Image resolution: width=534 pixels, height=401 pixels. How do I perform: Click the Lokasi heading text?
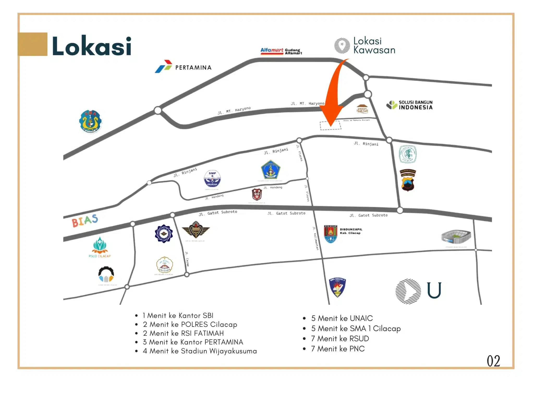92,46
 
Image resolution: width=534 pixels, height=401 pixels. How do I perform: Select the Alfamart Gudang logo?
281,51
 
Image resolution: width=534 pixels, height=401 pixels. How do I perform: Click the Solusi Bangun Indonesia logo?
409,105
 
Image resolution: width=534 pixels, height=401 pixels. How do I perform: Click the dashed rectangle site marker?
330,126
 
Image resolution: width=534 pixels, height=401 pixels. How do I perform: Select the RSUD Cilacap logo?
100,247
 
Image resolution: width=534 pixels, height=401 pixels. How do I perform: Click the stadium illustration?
456,237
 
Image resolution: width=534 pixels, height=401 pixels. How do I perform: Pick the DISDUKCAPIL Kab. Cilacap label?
351,231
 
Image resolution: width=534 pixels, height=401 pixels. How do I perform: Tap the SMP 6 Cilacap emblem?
212,179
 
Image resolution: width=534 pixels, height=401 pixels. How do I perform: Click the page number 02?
493,361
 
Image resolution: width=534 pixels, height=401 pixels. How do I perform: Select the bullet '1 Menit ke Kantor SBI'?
178,315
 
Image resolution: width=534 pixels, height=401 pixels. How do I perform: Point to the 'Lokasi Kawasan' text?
374,45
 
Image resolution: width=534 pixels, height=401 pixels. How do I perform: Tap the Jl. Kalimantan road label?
315,238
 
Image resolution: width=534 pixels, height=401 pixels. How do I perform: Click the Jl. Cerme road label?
187,259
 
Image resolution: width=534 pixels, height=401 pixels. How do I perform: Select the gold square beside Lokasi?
33,44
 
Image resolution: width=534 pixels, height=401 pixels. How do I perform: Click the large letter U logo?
434,290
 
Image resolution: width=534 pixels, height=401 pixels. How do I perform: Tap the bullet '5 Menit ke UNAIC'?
342,318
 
